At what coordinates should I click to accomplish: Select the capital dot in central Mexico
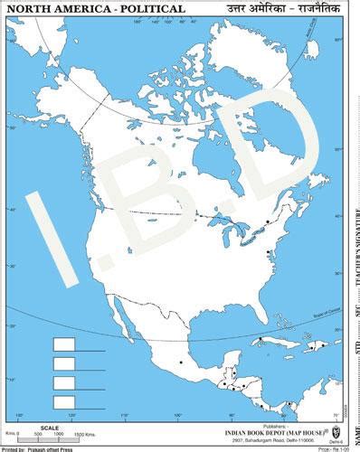tap(181, 363)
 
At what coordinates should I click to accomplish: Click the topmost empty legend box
tap(65, 344)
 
